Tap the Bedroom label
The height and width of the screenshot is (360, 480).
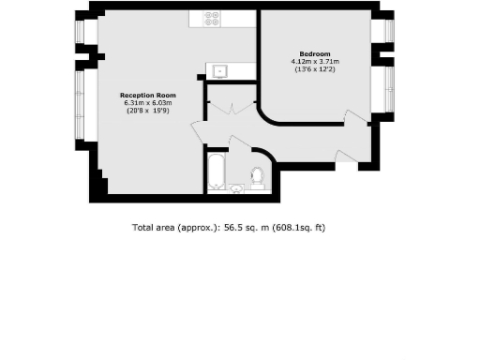coord(313,54)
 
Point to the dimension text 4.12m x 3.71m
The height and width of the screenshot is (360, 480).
coord(313,62)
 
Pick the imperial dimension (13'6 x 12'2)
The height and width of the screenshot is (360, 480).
coord(313,69)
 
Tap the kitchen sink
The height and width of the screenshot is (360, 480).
coord(218,69)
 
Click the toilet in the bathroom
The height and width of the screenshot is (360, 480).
coord(257,175)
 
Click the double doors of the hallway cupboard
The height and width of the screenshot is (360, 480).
coord(230,108)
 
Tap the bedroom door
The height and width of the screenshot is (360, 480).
coord(354,120)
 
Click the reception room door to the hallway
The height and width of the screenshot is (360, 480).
coord(199,132)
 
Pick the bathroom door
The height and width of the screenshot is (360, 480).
coord(239,143)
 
